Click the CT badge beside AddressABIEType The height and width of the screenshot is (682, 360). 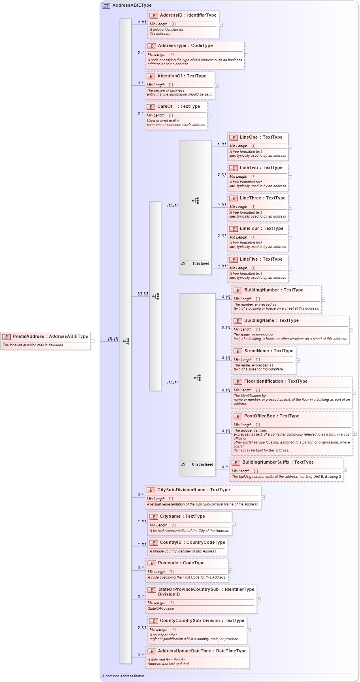[106, 6]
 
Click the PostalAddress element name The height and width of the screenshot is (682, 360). [28, 336]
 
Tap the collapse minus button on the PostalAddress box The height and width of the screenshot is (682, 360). [93, 341]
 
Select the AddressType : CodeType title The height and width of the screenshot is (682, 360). [185, 46]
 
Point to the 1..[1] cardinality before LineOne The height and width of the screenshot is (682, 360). [221, 145]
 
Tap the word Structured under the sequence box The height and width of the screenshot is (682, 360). [201, 263]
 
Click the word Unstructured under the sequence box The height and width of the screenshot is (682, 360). [202, 464]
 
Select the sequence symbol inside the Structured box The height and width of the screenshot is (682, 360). [196, 201]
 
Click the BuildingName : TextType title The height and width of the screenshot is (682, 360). [271, 321]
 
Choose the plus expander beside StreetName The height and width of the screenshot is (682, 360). [298, 360]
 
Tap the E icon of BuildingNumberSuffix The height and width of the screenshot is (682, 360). [236, 462]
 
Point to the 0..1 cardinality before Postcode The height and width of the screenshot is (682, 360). [141, 568]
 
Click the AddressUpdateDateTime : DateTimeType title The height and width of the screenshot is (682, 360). [202, 651]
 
